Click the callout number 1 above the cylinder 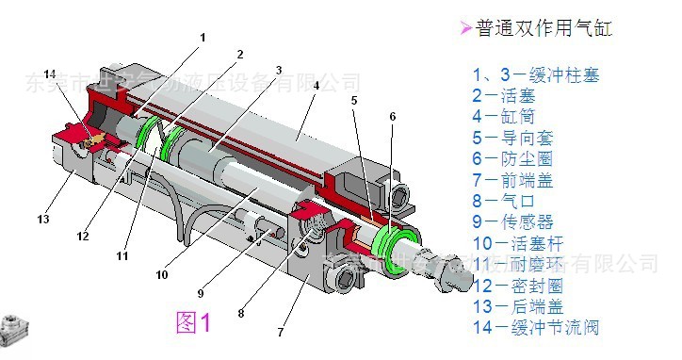(x=202, y=38)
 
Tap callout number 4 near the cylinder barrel (x=316, y=86)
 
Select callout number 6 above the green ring (x=392, y=116)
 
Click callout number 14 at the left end (x=50, y=74)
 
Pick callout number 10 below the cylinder (x=162, y=275)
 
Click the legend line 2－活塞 (x=510, y=95)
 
